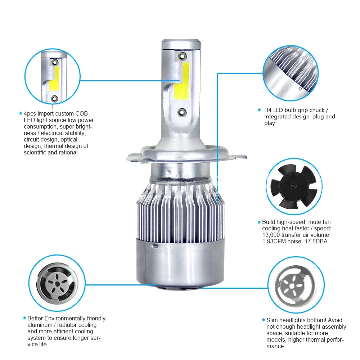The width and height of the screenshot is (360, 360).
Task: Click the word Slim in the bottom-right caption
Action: pos(272,320)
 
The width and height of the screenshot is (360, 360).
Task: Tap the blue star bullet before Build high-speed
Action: pos(259,222)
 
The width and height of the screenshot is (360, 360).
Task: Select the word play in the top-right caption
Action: pos(270,123)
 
